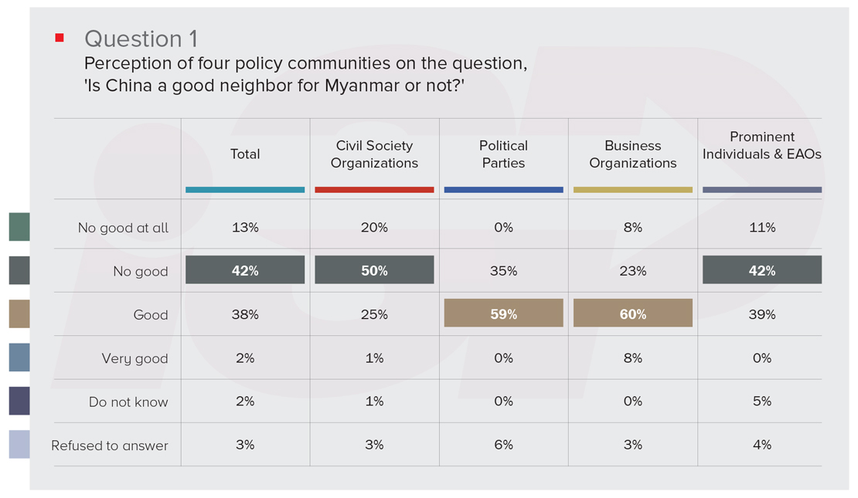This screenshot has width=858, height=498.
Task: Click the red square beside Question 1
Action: coord(60,37)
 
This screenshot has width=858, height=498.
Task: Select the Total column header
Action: coord(245,154)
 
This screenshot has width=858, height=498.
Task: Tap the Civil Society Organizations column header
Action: coord(374,154)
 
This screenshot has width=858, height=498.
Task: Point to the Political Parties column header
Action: coord(503,154)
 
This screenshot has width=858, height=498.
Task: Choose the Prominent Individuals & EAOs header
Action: coord(761,145)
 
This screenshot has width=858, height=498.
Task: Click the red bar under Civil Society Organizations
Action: coord(374,189)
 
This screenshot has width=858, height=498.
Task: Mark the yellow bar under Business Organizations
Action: coord(632,189)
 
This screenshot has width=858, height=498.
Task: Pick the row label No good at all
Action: coord(123,228)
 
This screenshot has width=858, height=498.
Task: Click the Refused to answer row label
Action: coord(110,445)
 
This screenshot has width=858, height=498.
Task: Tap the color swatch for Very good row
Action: coord(19,358)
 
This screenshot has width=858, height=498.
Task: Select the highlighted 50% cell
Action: coord(374,270)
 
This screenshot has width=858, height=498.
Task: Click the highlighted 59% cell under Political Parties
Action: coord(503,313)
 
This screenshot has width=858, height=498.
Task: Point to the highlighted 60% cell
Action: coord(632,313)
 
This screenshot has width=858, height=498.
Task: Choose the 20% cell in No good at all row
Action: coord(374,228)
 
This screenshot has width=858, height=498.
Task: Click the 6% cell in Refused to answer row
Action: coord(503,445)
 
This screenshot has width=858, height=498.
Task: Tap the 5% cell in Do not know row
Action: coord(761,401)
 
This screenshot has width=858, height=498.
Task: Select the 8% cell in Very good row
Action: coord(632,358)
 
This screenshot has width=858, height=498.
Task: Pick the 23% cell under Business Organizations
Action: coord(632,271)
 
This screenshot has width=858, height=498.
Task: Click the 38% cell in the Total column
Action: coord(245,314)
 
